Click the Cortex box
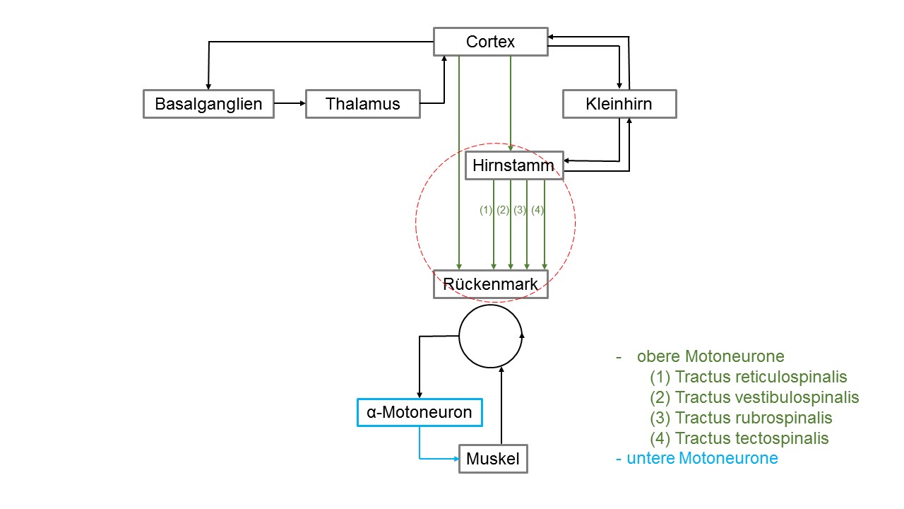490,42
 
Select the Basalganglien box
208,104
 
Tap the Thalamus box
363,104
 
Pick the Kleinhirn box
619,104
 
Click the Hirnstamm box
514,165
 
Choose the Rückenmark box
490,284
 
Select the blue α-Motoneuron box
420,412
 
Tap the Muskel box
493,459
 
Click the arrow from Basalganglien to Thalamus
290,103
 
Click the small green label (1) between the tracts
486,210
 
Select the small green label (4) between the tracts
537,210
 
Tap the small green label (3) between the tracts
521,210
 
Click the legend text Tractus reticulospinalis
761,377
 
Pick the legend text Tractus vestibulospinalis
767,397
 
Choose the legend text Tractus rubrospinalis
754,418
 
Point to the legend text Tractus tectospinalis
751,438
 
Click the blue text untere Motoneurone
702,458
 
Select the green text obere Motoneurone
710,356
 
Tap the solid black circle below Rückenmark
459,336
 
